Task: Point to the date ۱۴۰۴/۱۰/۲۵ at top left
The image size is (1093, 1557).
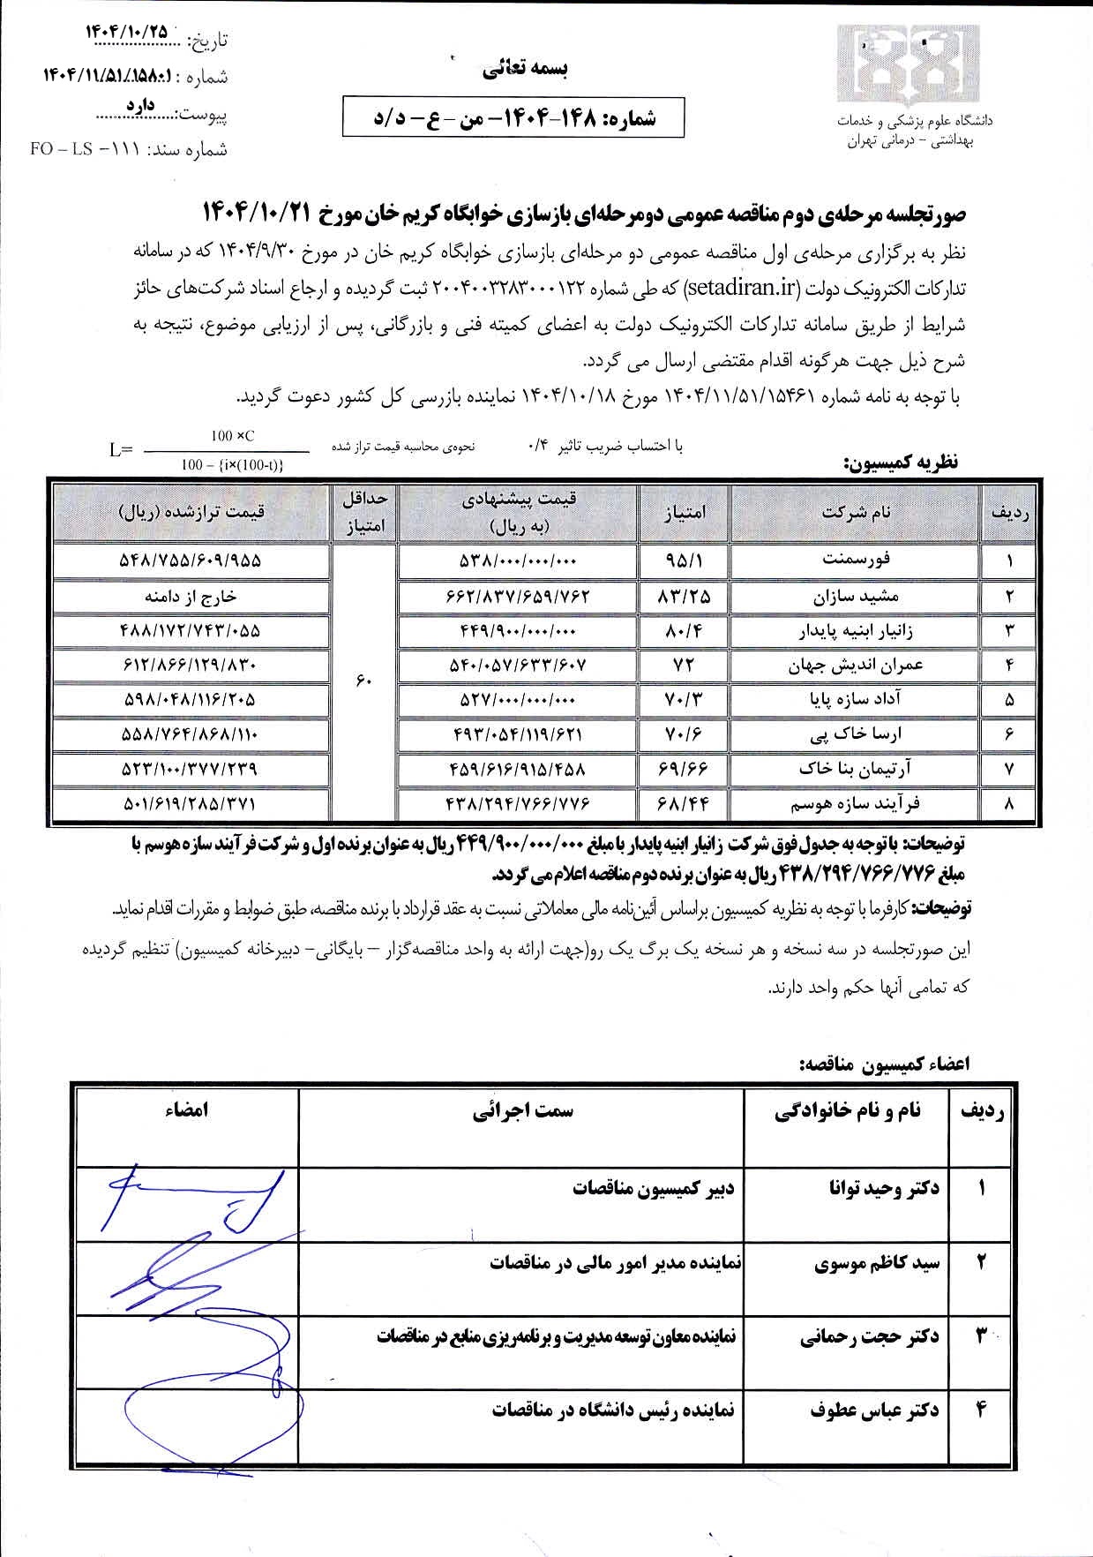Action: [125, 31]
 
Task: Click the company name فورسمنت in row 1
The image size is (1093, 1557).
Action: [855, 560]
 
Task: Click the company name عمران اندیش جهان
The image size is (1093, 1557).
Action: [855, 665]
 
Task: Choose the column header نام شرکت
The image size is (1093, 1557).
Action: [855, 512]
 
